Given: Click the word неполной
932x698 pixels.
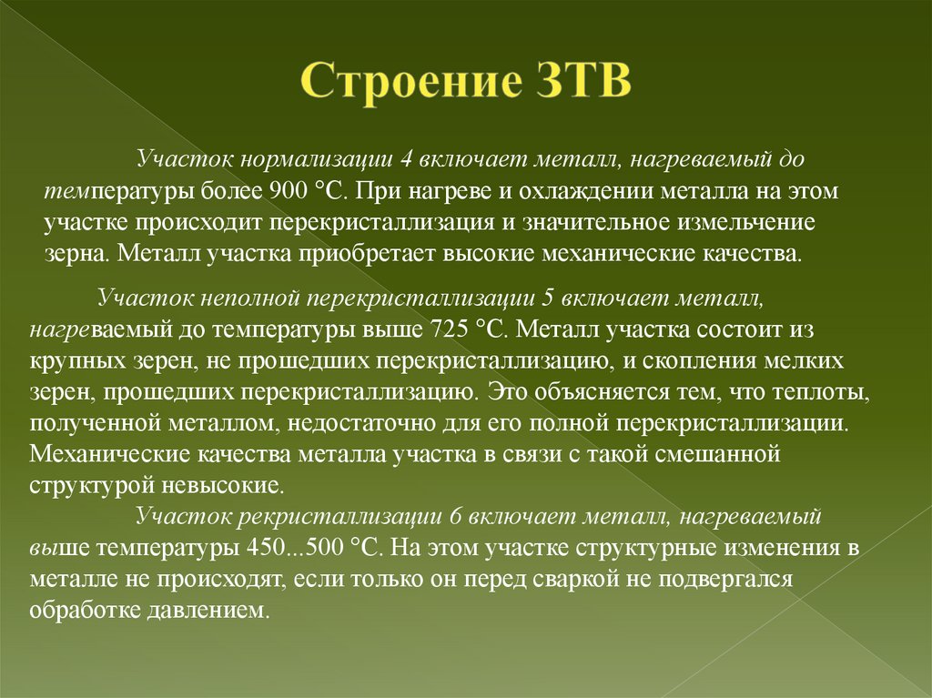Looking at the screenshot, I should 258,297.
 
